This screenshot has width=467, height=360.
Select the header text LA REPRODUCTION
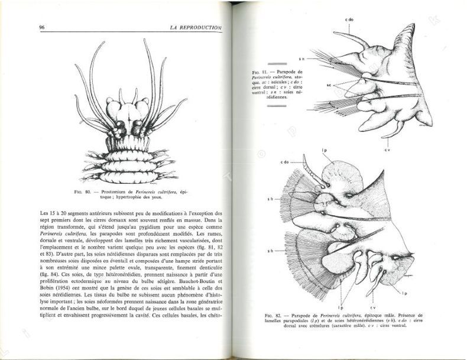tap(194, 27)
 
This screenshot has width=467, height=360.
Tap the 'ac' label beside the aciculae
tap(312, 85)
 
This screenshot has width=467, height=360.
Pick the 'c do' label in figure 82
tap(285, 162)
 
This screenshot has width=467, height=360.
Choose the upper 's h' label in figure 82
tap(270, 199)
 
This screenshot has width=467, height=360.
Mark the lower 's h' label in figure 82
tap(269, 251)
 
